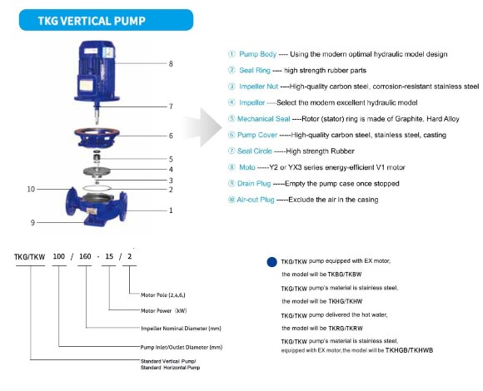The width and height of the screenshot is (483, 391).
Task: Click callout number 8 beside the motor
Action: pyautogui.click(x=170, y=63)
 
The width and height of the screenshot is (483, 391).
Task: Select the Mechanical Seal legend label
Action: pyautogui.click(x=265, y=118)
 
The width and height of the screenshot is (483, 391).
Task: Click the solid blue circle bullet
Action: pyautogui.click(x=271, y=261)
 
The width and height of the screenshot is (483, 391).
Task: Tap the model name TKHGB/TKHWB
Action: pyautogui.click(x=410, y=350)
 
